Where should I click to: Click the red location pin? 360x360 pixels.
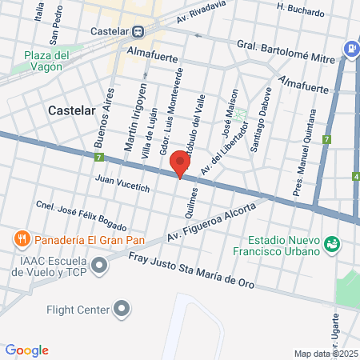pos(181,163)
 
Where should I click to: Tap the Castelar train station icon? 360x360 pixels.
pos(138,31)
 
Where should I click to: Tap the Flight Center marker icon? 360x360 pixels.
pos(122,307)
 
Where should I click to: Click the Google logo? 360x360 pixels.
pos(26,350)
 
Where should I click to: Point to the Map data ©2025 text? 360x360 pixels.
pos(326,354)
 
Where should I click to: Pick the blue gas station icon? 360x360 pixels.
pos(350,47)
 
